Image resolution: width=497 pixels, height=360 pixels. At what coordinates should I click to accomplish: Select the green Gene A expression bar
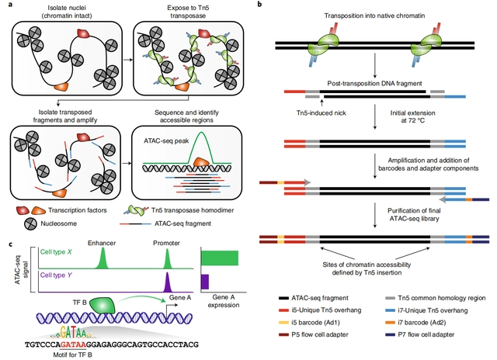coord(220,258)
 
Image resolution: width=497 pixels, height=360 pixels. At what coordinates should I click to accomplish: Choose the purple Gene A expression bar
coord(206,280)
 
